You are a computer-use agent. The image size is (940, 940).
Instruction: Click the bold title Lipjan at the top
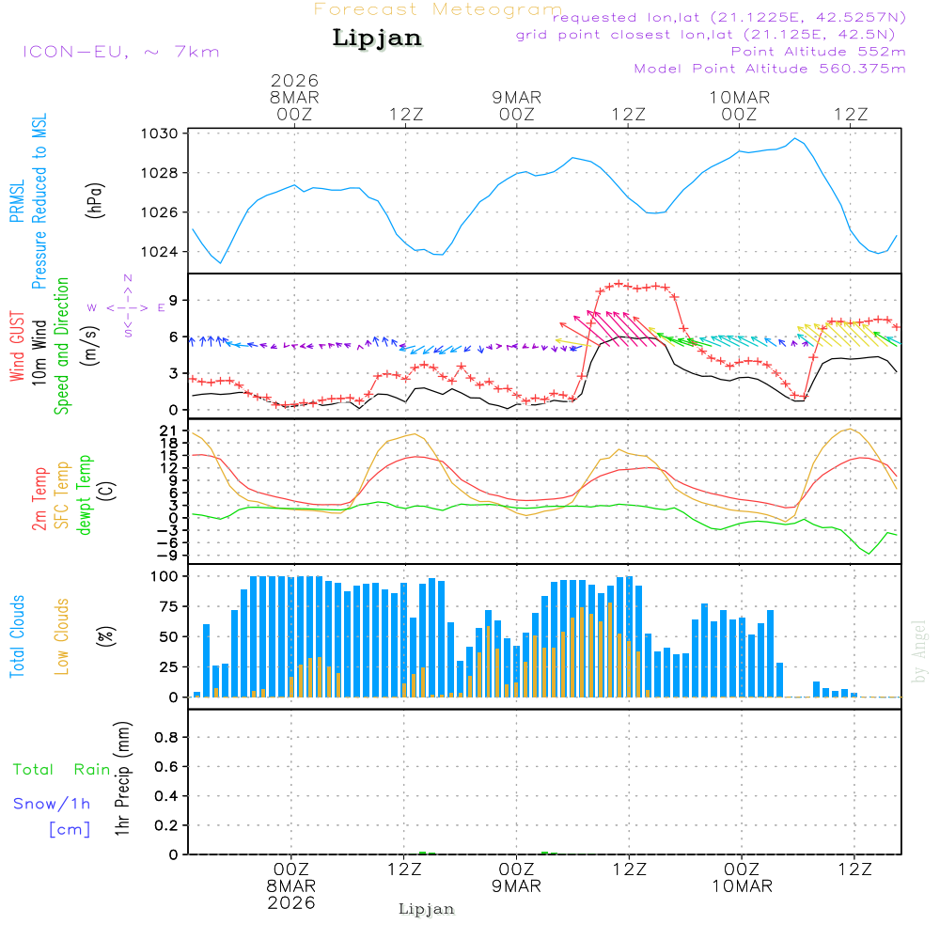click(377, 39)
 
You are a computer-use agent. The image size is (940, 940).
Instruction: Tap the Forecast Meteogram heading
click(438, 9)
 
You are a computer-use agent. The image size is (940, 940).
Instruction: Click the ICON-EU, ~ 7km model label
click(120, 51)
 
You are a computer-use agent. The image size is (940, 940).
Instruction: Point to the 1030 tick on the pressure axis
click(162, 133)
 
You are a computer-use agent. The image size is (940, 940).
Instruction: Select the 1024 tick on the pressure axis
click(162, 251)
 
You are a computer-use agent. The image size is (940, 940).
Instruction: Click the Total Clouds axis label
click(18, 636)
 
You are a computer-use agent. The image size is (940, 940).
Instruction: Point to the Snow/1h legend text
click(53, 804)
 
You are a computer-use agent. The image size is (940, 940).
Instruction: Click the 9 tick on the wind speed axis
click(173, 301)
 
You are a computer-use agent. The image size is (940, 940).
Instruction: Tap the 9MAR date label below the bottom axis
click(516, 886)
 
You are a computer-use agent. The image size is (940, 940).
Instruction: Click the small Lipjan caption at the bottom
click(427, 909)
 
